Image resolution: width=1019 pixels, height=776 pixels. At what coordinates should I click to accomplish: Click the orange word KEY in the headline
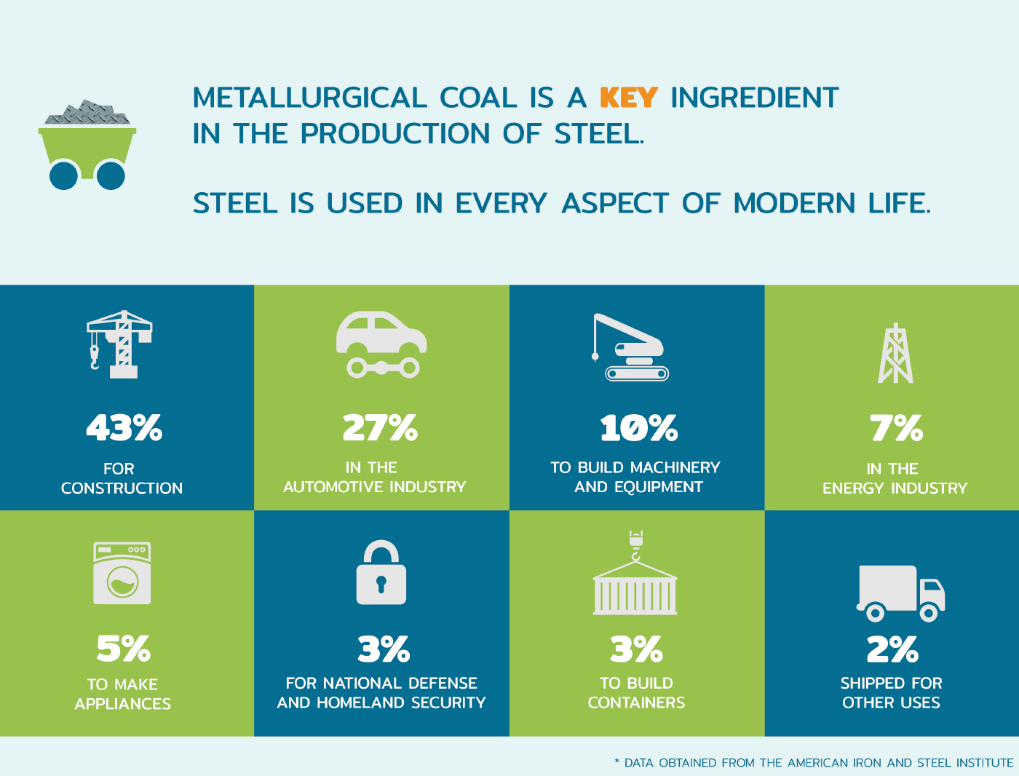click(628, 98)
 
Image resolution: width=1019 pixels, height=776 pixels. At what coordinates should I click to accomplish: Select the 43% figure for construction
click(124, 428)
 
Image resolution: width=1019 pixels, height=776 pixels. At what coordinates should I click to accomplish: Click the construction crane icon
click(121, 344)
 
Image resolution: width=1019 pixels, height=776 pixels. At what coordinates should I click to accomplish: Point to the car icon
click(381, 344)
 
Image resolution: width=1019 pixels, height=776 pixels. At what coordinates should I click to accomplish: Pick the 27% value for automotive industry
click(380, 428)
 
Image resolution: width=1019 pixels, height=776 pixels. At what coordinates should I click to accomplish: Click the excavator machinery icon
click(632, 347)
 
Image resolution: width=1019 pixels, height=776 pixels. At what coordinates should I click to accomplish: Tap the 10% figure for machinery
click(638, 428)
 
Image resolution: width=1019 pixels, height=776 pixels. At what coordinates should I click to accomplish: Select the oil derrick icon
click(895, 354)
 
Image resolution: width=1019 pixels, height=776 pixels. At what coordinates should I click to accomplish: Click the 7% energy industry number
click(896, 428)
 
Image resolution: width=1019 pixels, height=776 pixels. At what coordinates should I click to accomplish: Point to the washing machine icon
click(122, 573)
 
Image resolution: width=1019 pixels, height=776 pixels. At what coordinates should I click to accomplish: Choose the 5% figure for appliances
click(123, 649)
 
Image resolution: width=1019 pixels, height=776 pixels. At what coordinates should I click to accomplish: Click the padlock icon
click(381, 573)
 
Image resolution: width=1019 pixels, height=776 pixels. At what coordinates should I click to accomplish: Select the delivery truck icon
click(901, 593)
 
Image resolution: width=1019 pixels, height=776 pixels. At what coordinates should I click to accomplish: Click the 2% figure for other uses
click(892, 649)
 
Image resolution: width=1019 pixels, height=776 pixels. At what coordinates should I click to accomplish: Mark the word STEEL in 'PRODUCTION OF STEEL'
click(598, 134)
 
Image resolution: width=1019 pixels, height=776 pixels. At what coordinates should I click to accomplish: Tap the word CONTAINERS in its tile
click(636, 703)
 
